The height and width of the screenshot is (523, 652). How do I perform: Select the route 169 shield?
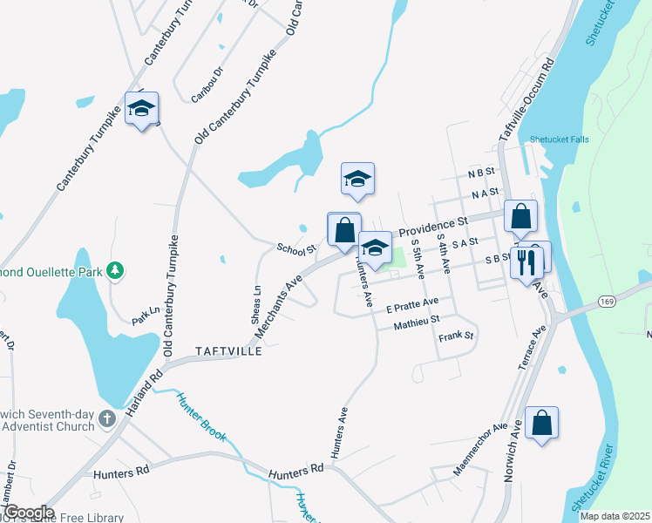click(x=607, y=301)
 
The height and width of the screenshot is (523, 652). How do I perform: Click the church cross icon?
click(x=106, y=418)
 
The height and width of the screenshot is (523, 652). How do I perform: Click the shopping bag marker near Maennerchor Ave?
click(x=542, y=423)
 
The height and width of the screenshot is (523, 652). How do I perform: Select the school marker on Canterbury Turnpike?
click(x=141, y=109)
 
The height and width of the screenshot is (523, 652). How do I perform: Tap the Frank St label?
click(x=455, y=336)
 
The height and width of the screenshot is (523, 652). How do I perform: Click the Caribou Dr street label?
click(x=207, y=83)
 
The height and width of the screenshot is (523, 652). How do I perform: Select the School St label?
click(x=295, y=249)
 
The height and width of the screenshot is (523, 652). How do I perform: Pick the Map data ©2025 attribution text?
click(x=615, y=516)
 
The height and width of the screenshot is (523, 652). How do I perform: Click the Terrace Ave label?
click(x=532, y=348)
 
